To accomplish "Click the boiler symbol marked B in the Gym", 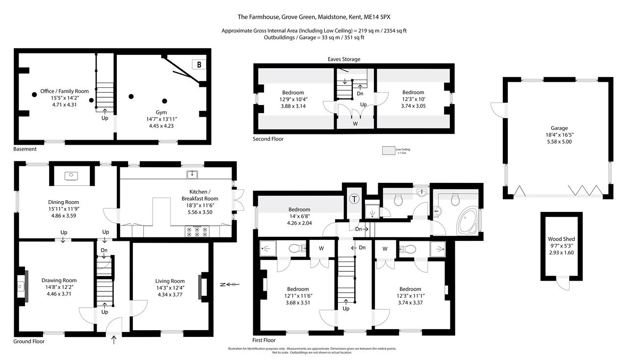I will (x=199, y=65).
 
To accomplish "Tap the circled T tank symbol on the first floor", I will (x=354, y=199).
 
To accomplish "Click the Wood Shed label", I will (x=561, y=239).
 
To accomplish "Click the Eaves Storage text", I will (x=344, y=59).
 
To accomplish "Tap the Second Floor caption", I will (x=268, y=139).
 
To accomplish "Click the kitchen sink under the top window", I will (x=192, y=175).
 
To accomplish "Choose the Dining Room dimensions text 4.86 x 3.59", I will (x=63, y=215).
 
